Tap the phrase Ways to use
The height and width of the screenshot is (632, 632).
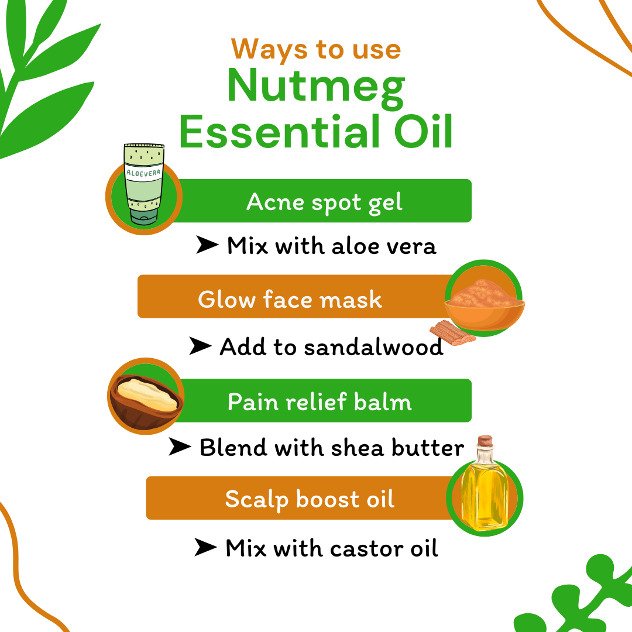pyautogui.click(x=316, y=49)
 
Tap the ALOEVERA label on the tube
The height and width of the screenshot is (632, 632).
pyautogui.click(x=143, y=173)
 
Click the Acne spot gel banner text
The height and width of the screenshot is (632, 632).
pyautogui.click(x=324, y=202)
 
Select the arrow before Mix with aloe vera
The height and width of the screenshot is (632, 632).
pyautogui.click(x=207, y=246)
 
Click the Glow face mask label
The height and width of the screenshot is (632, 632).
pyautogui.click(x=290, y=300)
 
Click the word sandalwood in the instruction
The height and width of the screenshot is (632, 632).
pyautogui.click(x=373, y=347)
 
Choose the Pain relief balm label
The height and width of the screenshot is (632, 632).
pyautogui.click(x=320, y=402)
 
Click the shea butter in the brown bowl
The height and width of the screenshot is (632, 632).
pyautogui.click(x=146, y=393)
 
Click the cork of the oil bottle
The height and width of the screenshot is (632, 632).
pyautogui.click(x=485, y=442)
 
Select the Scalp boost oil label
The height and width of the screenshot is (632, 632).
pyautogui.click(x=310, y=499)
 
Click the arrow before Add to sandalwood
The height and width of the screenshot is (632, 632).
pyautogui.click(x=200, y=346)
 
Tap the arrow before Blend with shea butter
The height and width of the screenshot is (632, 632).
pyautogui.click(x=180, y=448)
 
